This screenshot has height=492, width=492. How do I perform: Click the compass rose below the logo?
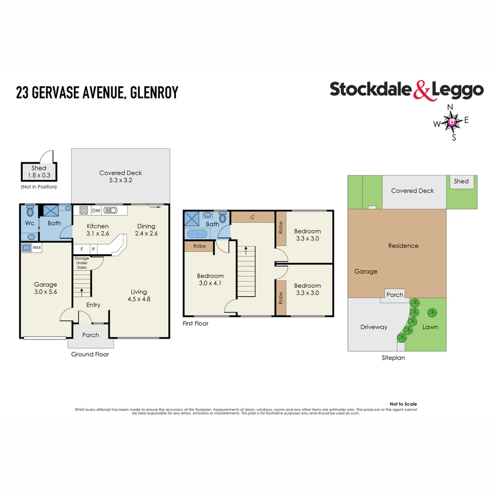point(451,122)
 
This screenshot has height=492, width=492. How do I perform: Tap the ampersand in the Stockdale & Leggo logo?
point(421,90)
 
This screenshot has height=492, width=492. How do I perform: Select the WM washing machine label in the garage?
point(36,247)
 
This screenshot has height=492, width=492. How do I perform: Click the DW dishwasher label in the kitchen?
point(96,210)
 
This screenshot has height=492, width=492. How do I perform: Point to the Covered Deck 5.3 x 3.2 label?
point(121,176)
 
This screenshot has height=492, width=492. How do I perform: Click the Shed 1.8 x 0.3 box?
point(39,171)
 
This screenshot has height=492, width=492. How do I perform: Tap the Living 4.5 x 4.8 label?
point(139,296)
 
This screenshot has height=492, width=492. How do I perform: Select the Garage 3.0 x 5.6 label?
point(45,288)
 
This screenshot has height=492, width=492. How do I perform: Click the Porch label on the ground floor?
point(90,335)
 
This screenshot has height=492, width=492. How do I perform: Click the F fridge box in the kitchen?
point(82,249)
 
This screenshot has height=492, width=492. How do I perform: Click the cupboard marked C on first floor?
point(252,217)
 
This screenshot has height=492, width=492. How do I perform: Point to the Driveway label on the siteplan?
point(374,327)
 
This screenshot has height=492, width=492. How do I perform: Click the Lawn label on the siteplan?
point(430,327)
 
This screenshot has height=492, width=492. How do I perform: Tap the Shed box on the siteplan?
point(461,181)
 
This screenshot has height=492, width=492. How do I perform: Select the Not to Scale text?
point(403,404)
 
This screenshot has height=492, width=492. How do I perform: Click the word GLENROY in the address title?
point(154,93)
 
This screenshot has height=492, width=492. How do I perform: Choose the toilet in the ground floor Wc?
point(30,212)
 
